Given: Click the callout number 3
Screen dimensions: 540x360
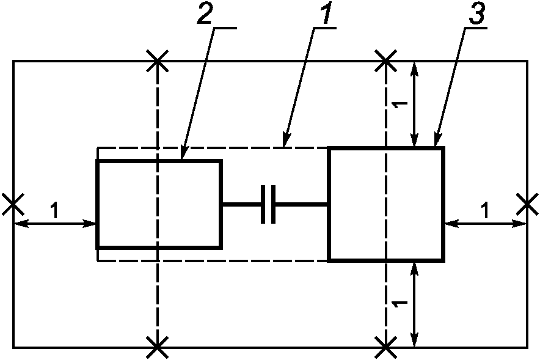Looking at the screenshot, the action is pyautogui.click(x=477, y=13).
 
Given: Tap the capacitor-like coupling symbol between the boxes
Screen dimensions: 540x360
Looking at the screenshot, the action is pyautogui.click(x=268, y=205).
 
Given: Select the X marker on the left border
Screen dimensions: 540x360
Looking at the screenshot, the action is pyautogui.click(x=13, y=205).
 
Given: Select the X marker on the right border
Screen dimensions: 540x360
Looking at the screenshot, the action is pyautogui.click(x=527, y=205).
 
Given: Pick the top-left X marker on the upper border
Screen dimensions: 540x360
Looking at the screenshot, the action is pyautogui.click(x=158, y=61).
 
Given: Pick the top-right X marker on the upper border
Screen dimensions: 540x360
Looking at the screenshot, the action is pyautogui.click(x=385, y=61).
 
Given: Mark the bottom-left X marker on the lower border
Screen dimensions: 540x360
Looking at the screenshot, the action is pyautogui.click(x=158, y=348).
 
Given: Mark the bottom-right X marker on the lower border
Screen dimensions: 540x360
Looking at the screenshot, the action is pyautogui.click(x=385, y=348).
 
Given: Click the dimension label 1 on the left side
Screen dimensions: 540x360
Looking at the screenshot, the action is pyautogui.click(x=54, y=210).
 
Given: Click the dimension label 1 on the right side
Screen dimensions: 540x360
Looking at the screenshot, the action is pyautogui.click(x=485, y=210).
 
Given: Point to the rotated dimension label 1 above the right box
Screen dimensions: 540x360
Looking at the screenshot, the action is pyautogui.click(x=400, y=105).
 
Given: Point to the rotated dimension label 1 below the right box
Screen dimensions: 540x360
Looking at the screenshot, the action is pyautogui.click(x=400, y=304).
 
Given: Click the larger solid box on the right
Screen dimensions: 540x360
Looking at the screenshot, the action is pyautogui.click(x=329, y=204).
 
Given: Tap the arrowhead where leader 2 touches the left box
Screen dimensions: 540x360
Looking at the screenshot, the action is pyautogui.click(x=182, y=155).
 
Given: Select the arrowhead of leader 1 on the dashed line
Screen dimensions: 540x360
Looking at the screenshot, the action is pyautogui.click(x=285, y=141).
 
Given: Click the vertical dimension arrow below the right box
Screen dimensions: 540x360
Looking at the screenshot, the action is pyautogui.click(x=415, y=304).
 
